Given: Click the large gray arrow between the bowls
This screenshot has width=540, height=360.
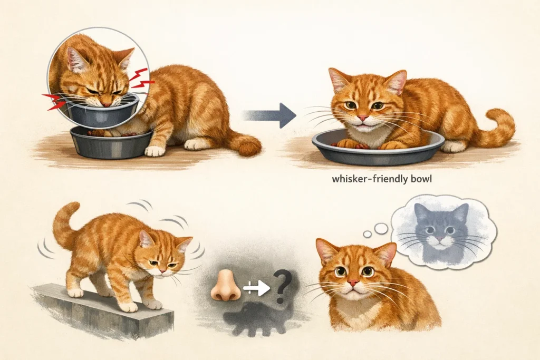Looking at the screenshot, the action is coord(270,115).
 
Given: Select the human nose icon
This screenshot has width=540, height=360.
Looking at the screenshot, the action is coord(226,285).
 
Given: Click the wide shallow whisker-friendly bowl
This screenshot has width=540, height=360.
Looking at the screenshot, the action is coord(378,148).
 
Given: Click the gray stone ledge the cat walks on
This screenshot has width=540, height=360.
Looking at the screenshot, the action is coord(103,312).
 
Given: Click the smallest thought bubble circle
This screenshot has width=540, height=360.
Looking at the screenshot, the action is coord(368,235).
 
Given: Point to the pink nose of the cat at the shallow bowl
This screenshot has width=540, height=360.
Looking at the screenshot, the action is coord(362,118).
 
